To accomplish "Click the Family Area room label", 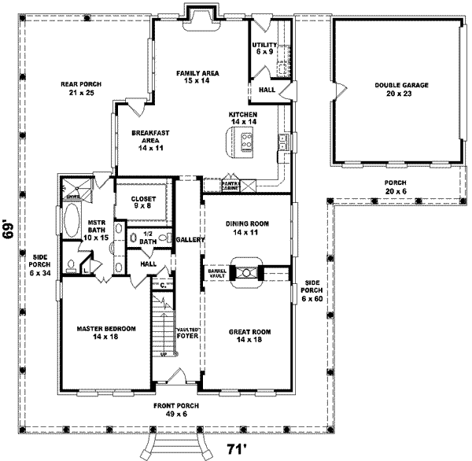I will [197, 76].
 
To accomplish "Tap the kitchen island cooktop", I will [246, 142].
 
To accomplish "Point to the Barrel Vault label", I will [216, 273].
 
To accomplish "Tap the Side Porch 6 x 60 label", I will [312, 290].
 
